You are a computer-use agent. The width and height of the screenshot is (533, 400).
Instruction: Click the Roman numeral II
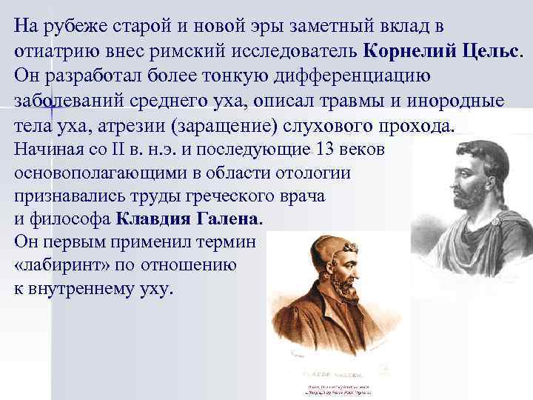point(121,150)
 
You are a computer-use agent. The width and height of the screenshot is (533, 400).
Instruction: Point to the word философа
point(69,219)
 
